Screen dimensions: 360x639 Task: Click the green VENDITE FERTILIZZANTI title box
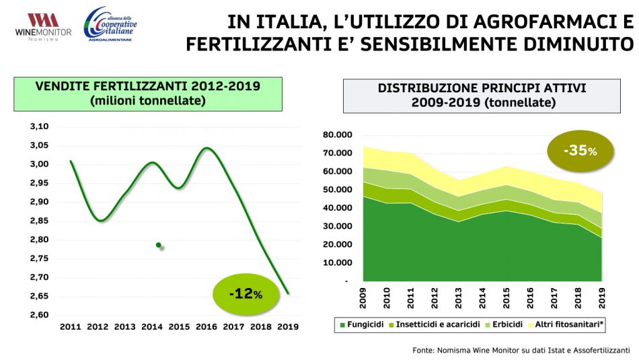tap(147, 94)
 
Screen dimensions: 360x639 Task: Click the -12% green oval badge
tap(245, 294)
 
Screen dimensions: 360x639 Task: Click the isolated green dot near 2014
tap(159, 245)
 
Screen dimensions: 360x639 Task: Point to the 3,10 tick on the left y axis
tap(40, 127)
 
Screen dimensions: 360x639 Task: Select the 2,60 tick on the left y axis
tap(40, 315)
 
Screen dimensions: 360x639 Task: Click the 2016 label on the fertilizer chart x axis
tap(206, 326)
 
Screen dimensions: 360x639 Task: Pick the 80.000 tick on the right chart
tap(336, 135)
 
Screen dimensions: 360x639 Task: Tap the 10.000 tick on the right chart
tap(336, 262)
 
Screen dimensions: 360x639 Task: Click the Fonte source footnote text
tap(521, 351)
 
